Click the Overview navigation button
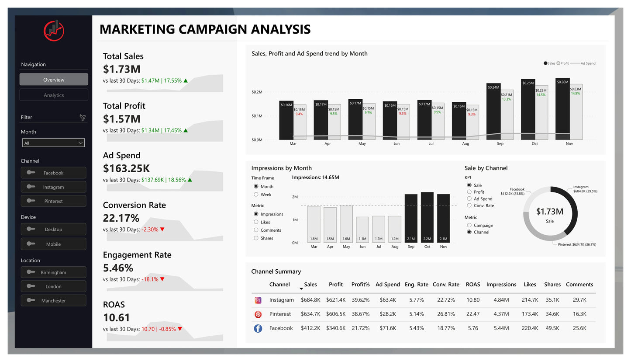(54, 80)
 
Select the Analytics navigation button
(54, 95)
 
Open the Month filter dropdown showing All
(53, 143)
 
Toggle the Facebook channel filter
(53, 173)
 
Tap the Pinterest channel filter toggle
(53, 201)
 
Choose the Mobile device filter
(53, 244)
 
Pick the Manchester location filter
(53, 301)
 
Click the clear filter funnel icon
(83, 117)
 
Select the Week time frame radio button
(256, 195)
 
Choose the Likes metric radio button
(256, 222)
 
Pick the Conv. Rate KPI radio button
(469, 205)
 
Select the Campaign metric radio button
(469, 226)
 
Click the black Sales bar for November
(562, 109)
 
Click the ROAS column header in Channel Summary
(473, 285)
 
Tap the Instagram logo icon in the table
(258, 300)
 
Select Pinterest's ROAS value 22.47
(473, 314)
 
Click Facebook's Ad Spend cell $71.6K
(388, 328)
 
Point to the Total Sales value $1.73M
(121, 69)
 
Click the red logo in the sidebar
(54, 30)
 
